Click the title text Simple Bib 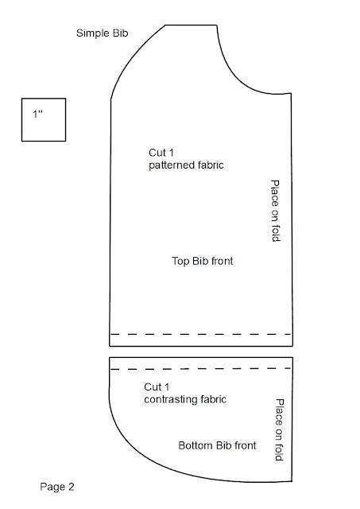(103, 33)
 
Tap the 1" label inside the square (37, 114)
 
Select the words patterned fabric (186, 165)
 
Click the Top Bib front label (203, 261)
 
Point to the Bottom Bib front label (217, 445)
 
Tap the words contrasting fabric (185, 399)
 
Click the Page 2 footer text (57, 487)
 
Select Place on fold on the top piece (275, 211)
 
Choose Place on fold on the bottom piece (280, 429)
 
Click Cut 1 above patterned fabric (161, 153)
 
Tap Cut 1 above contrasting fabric (157, 387)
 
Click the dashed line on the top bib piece (201, 334)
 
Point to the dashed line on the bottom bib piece (201, 369)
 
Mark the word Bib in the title (120, 33)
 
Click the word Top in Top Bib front (180, 262)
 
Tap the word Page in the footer (52, 487)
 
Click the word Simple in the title (93, 33)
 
